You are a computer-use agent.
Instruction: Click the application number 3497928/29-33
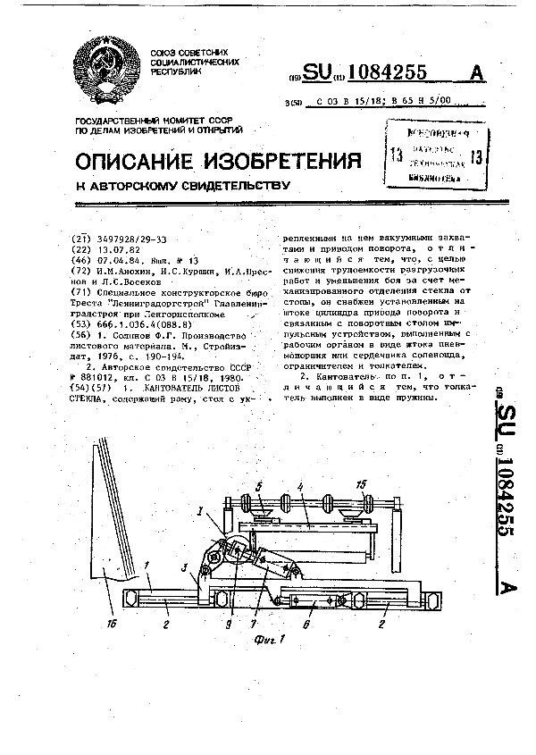point(130,239)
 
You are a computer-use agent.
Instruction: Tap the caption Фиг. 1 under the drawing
point(267,640)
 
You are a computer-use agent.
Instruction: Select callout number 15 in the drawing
point(361,485)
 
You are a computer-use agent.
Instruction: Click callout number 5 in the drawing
point(260,487)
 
